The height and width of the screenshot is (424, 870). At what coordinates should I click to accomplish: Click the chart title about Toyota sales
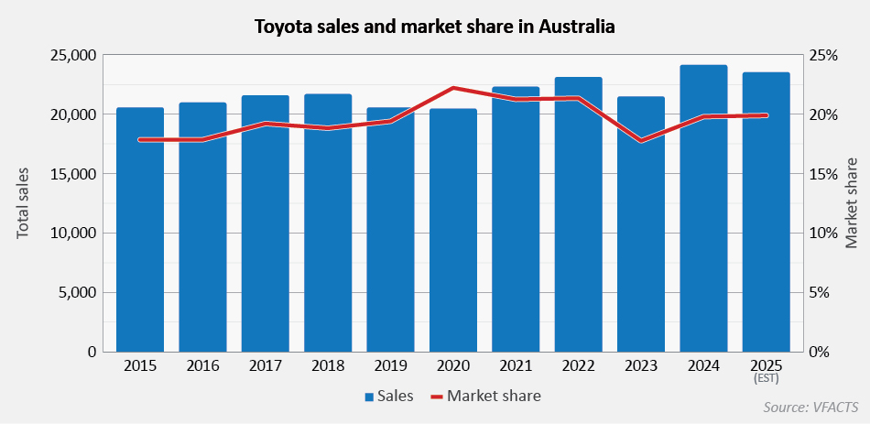point(434,27)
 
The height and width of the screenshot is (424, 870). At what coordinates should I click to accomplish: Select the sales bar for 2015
point(140,229)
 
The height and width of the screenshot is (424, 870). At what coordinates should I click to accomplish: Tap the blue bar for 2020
point(453,229)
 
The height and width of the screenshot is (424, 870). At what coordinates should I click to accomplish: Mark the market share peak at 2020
point(453,88)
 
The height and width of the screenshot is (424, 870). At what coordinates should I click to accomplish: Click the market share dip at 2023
point(641,141)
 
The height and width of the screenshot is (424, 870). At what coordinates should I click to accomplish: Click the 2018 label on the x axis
point(328,366)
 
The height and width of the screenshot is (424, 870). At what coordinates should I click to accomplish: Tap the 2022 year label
point(578,366)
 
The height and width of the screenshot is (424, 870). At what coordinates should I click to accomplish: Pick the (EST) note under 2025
point(766,378)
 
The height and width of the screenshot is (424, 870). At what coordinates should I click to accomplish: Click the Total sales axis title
point(24,203)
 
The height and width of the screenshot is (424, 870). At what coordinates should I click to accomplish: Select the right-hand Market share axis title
point(852,203)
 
